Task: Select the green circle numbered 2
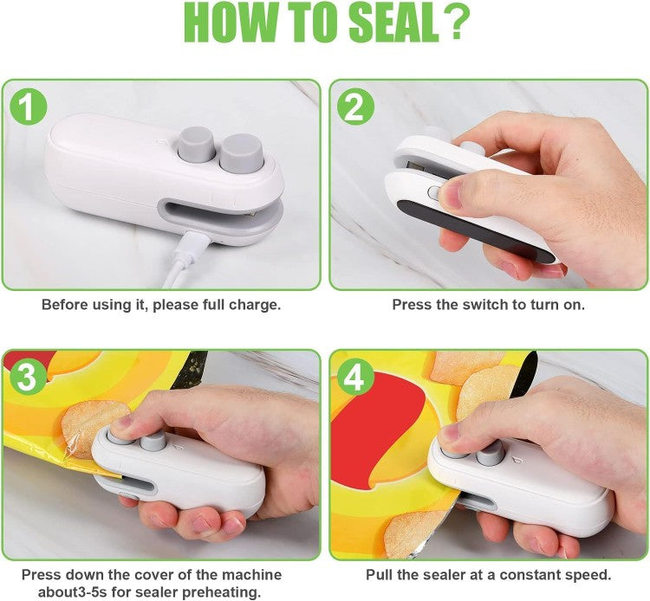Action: (x=357, y=107)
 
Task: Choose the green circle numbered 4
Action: (x=356, y=378)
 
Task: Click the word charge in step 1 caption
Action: (x=252, y=305)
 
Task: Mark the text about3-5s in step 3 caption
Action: (x=84, y=591)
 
